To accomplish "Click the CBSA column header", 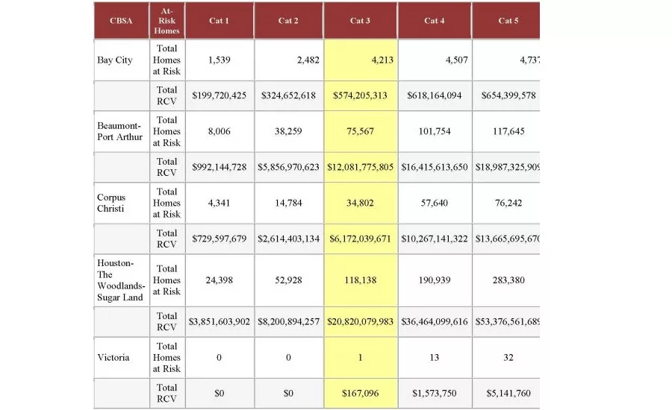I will coord(121,21).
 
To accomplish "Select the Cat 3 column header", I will coord(361,21).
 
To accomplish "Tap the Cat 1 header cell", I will coord(219,21).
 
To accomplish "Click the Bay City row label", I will coord(115,60).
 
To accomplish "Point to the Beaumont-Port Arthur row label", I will coord(119,131).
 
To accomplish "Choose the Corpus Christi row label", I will coord(112,203).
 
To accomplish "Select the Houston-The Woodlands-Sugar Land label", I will coord(122,280).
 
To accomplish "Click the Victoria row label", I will coord(113,358).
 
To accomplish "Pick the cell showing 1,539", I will coord(219,60).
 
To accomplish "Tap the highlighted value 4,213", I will coord(361,60).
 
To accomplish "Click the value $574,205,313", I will coord(361,96).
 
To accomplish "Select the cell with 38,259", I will coord(288,131).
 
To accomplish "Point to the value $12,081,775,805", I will coord(361,168).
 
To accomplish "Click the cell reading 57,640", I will coord(434,203).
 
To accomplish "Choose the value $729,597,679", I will coord(219,239).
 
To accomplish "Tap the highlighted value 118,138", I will coord(361,280).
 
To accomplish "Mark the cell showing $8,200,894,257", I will coord(288,322).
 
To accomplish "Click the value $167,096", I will coord(361,394).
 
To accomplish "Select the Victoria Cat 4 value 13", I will coord(434,358).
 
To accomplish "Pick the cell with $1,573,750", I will coord(434,394).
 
